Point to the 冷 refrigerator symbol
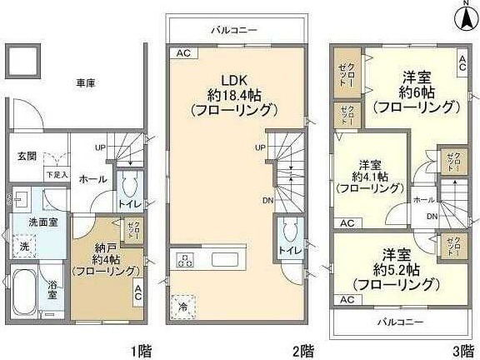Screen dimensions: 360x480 (182, 307)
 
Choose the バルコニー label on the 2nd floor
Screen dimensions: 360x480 (233, 30)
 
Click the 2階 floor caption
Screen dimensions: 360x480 (303, 349)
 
